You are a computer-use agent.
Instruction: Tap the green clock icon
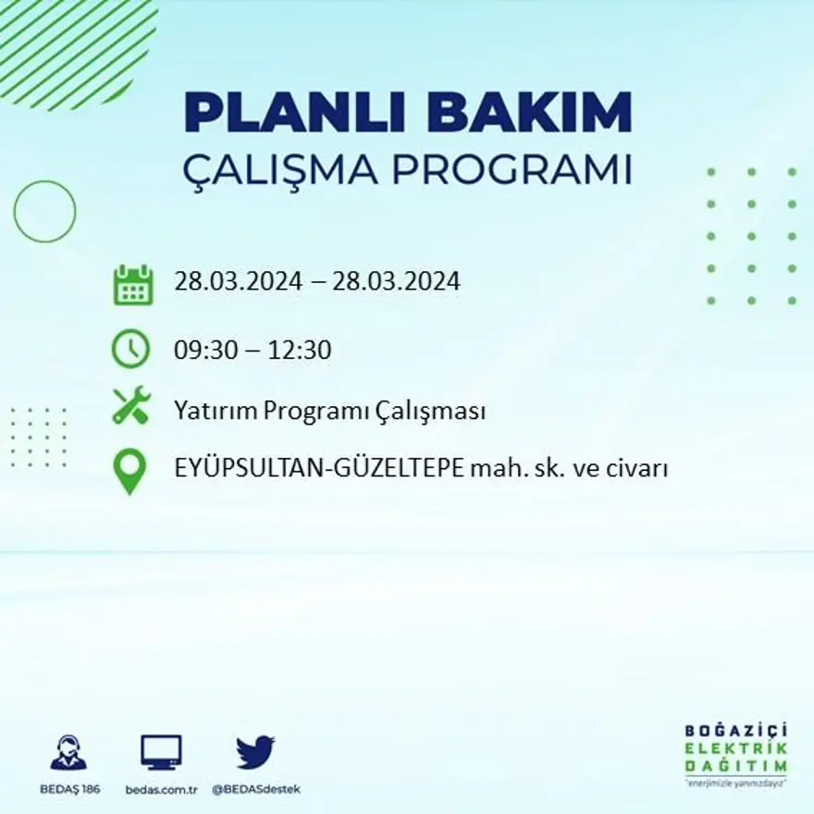(x=131, y=349)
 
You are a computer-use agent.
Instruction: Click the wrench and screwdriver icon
(x=131, y=406)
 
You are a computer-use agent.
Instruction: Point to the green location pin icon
(x=130, y=471)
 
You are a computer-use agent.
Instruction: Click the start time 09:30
(x=203, y=351)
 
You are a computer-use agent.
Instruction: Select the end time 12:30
(x=301, y=351)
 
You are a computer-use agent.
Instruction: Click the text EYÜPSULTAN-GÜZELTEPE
(x=318, y=469)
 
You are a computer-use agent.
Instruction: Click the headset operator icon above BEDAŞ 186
(x=68, y=753)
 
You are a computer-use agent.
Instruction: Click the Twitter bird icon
(x=255, y=752)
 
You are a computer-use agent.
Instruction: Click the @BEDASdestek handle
(x=256, y=789)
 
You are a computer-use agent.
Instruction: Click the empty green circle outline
(x=44, y=212)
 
